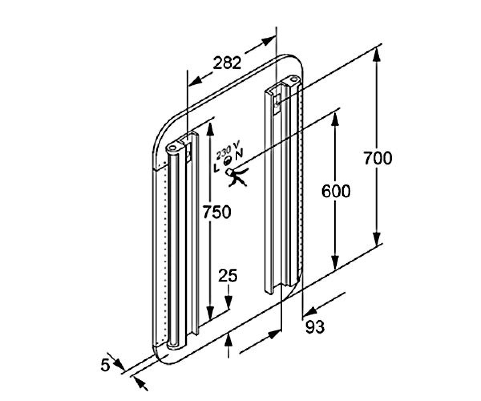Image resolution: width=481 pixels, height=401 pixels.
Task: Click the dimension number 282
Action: point(227,63)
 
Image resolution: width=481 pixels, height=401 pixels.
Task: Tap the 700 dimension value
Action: point(378,158)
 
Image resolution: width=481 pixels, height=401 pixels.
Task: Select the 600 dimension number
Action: point(336,191)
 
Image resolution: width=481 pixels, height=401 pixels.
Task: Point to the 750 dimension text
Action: point(217,212)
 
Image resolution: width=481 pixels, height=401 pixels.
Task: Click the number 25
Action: point(228,275)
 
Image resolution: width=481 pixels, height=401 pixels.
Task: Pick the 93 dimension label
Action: point(315,326)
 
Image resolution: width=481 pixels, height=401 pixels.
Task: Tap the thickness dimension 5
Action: point(105,365)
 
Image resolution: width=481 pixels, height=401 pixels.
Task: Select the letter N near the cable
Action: point(238,154)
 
